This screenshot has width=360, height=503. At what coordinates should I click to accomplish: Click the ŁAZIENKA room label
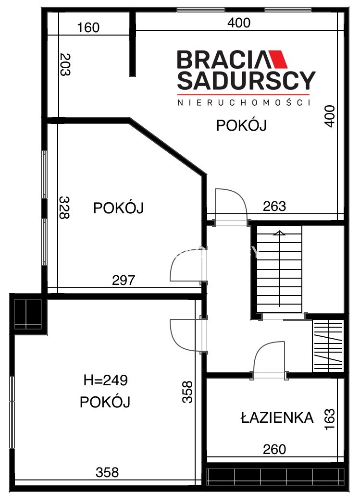277,417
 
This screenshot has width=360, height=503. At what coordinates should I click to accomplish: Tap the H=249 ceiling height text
106,380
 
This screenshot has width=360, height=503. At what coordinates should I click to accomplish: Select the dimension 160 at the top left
88,28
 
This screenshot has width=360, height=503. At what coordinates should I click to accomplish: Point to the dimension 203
65,64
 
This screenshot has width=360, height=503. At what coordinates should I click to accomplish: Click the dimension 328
64,208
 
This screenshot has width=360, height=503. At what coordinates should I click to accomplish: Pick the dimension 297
124,281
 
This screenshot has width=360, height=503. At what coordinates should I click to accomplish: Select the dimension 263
274,206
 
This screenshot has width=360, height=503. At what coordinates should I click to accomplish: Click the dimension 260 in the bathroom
274,449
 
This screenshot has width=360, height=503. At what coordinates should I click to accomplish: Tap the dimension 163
330,419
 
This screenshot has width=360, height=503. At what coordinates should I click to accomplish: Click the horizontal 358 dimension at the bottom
107,472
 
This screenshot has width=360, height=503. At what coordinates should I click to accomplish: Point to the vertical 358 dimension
187,392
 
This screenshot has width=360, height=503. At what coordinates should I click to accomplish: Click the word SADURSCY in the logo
246,81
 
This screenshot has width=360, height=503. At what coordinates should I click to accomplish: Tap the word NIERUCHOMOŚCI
244,103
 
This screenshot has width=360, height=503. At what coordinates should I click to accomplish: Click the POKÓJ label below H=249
105,402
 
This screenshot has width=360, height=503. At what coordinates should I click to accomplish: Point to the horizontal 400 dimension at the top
239,23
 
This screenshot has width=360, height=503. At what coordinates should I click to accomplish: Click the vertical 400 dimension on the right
330,116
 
